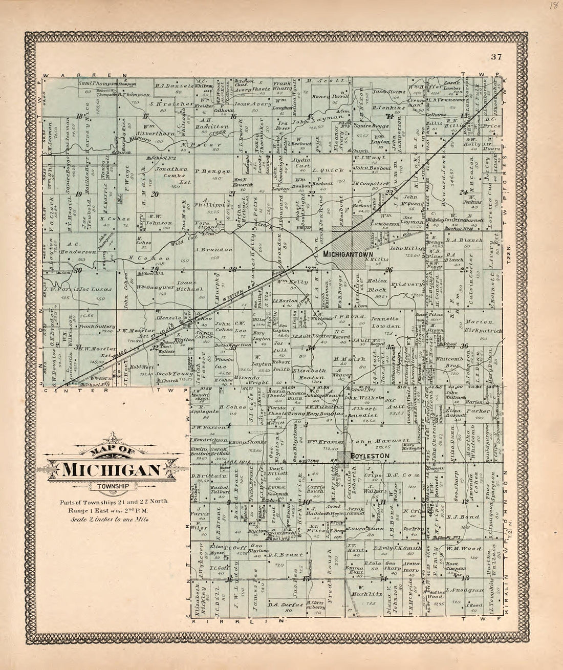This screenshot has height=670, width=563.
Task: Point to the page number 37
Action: (x=495, y=57)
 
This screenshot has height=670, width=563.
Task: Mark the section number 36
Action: (x=465, y=347)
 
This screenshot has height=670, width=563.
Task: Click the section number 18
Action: (x=79, y=117)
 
